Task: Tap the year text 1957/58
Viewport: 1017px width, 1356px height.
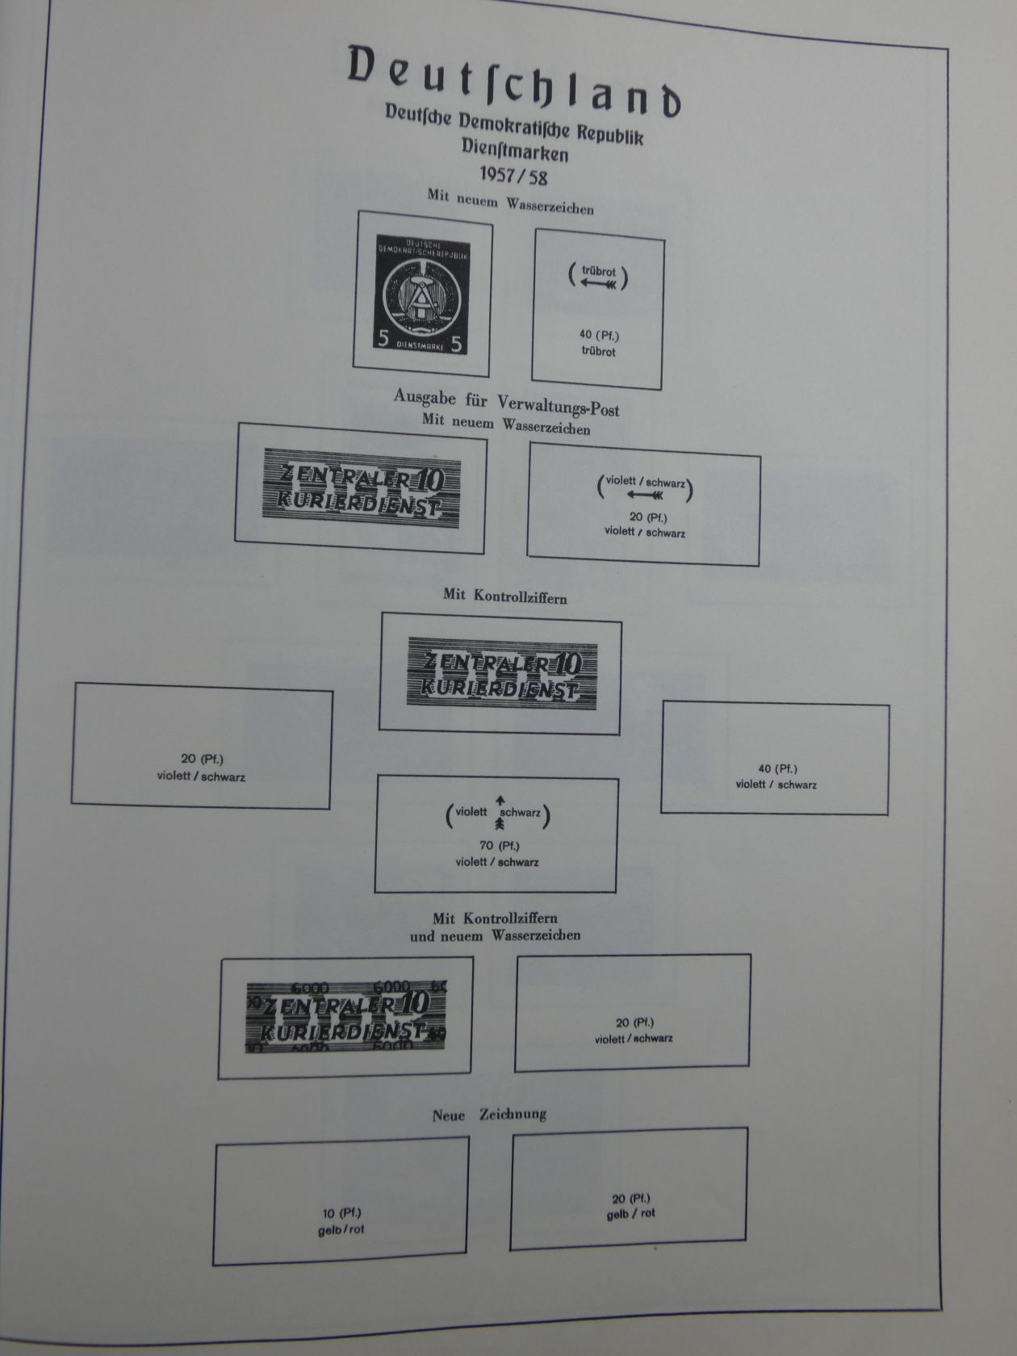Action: [513, 174]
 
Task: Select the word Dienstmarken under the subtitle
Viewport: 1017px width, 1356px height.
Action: [514, 151]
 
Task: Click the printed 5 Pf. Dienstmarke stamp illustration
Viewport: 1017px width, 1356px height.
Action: [421, 294]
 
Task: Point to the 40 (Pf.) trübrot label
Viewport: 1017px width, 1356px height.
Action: [598, 343]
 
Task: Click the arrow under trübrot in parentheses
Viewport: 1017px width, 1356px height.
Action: [598, 284]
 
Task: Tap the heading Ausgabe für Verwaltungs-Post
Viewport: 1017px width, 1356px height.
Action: [506, 403]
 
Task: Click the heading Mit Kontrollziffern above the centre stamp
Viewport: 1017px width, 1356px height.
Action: [504, 596]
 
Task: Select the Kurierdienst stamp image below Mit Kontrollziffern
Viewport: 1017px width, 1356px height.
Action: [501, 674]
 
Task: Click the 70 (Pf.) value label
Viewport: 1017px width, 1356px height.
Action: [499, 846]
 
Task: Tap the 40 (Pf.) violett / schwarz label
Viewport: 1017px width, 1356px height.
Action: [776, 776]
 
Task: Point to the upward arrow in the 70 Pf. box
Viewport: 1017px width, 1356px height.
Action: [500, 799]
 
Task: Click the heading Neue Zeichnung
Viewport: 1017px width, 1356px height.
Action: [489, 1115]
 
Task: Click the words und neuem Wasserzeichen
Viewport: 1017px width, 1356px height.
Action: [495, 936]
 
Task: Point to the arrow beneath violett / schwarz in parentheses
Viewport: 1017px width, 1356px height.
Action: [645, 495]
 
